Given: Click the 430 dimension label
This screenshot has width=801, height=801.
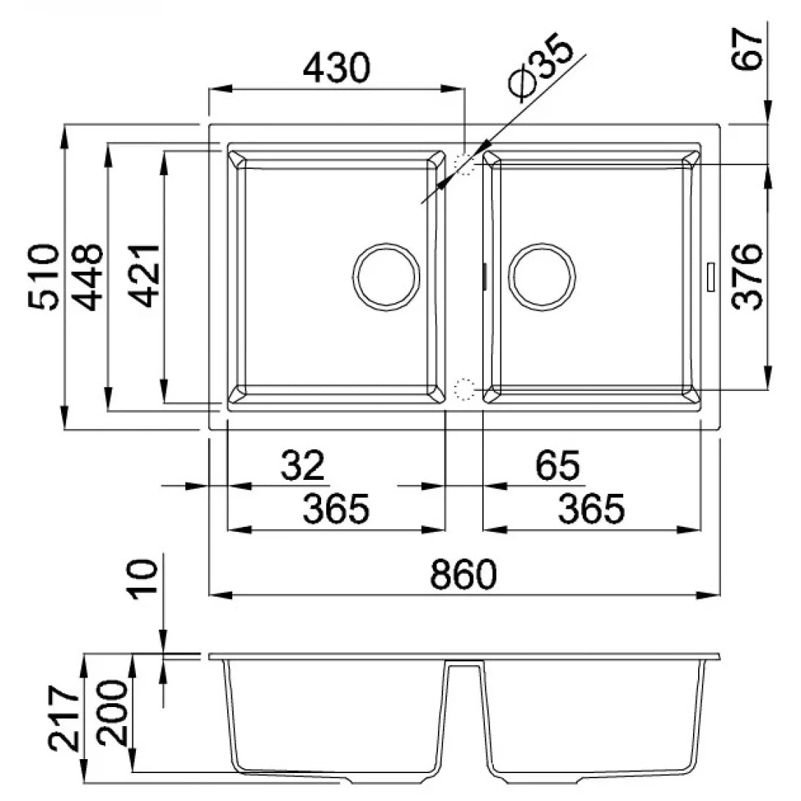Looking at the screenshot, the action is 336,68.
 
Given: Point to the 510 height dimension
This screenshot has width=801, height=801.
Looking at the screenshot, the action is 43,276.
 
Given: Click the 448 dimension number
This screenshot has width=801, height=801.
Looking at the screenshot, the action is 87,276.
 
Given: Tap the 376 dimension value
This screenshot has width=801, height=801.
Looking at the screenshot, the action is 747,276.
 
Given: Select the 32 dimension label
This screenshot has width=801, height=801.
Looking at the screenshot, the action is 303,465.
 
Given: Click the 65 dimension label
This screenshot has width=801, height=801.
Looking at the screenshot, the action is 557,465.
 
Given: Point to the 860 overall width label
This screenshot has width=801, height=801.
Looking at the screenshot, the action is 464,574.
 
